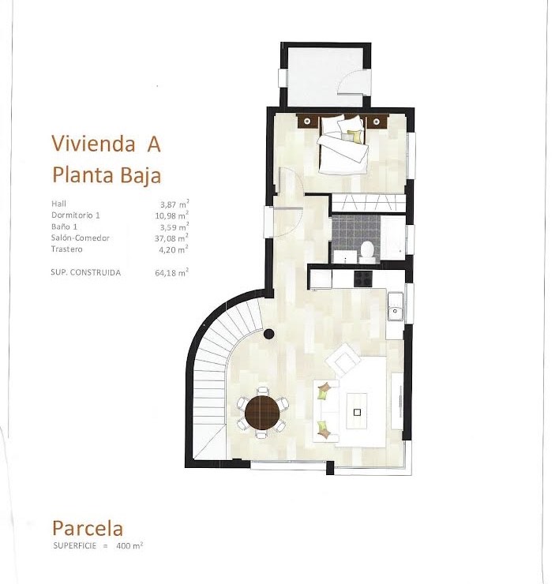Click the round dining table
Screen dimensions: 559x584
pos(262,413)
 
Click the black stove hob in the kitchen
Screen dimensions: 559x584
pos(363,279)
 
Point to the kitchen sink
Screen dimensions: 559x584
pos(395,306)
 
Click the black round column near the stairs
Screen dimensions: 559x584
pos(268,334)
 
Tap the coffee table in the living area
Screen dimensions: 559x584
pos(357,411)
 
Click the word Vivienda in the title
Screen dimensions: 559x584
pos(93,144)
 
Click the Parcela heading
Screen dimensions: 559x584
pos(88,528)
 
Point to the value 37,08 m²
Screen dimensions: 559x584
pos(171,238)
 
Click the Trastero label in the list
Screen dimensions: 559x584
pos(66,249)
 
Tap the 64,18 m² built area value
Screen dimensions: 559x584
pos(171,272)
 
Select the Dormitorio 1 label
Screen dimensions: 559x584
pos(76,215)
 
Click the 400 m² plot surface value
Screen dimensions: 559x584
pos(129,546)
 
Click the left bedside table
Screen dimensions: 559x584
pos(307,122)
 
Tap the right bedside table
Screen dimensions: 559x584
pos(377,122)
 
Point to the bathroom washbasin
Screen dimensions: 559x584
pos(345,257)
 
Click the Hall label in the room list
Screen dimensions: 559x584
pos(59,204)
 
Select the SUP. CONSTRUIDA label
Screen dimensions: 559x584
pos(86,272)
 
